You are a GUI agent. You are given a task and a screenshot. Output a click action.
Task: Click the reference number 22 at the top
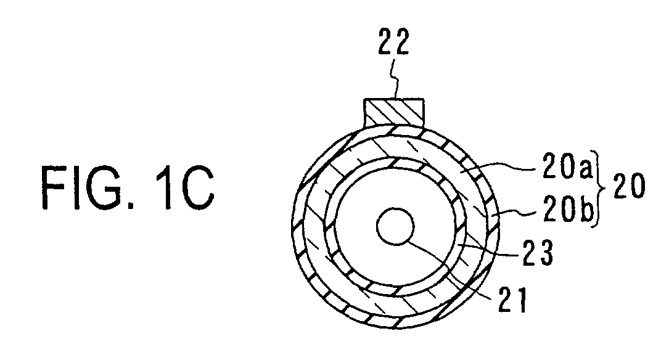click(393, 41)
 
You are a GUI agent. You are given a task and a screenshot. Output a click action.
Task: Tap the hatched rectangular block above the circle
click(394, 112)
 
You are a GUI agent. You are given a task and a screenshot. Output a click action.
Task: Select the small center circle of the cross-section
click(395, 226)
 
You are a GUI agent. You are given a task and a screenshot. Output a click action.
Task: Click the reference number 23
click(537, 252)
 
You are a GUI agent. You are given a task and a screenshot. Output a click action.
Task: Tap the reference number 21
click(512, 300)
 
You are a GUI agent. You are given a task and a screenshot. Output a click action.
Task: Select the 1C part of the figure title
click(184, 187)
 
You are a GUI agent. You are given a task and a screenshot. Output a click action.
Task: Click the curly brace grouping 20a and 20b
click(599, 188)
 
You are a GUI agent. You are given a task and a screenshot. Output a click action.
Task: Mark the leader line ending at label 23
click(488, 250)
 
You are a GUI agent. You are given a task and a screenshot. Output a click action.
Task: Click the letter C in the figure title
click(197, 187)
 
